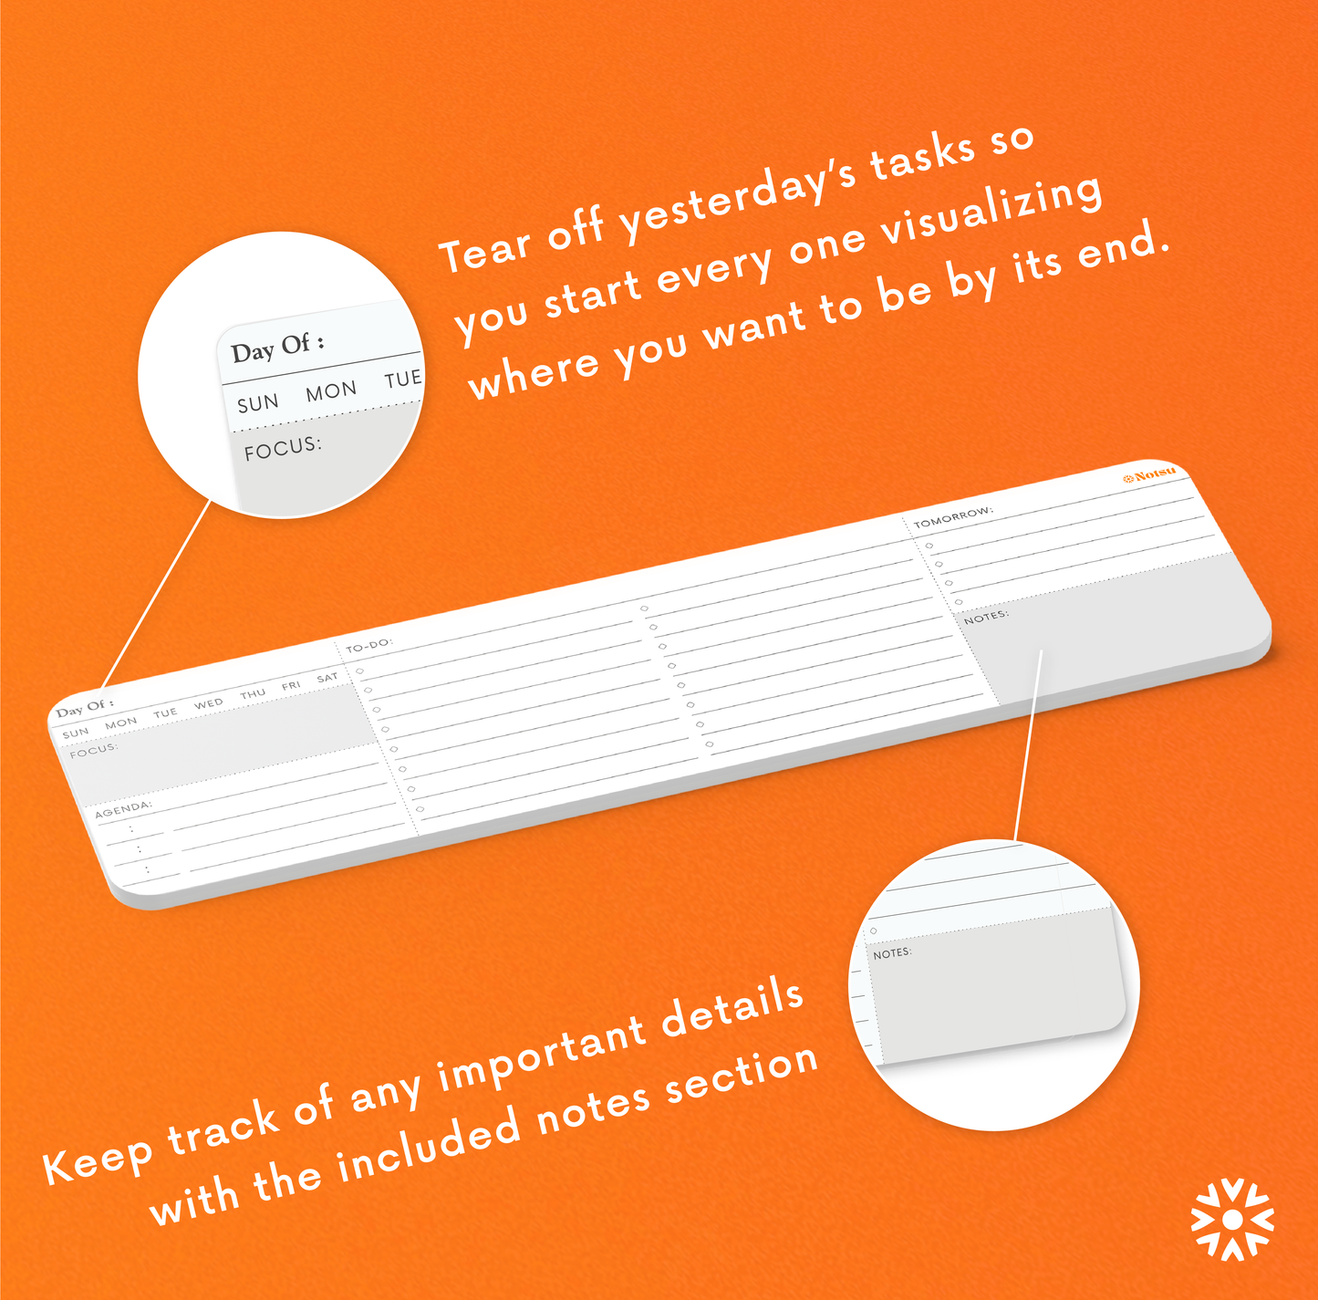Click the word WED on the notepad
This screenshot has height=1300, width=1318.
[x=208, y=703]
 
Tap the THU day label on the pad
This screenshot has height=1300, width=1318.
[x=253, y=693]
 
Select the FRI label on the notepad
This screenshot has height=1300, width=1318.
[x=291, y=686]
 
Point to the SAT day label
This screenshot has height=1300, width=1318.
[x=327, y=678]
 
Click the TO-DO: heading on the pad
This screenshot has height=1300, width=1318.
[x=368, y=645]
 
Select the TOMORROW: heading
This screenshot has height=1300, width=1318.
[x=953, y=516]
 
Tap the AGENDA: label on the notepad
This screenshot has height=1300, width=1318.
[x=123, y=808]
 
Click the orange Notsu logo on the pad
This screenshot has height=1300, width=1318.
[x=1149, y=474]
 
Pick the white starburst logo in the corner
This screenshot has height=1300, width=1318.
[x=1232, y=1218]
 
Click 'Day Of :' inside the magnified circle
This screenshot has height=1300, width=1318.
[x=277, y=348]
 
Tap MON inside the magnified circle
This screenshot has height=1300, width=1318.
[x=331, y=390]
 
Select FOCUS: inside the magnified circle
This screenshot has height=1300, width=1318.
[x=283, y=448]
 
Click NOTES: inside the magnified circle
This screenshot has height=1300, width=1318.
[x=892, y=952]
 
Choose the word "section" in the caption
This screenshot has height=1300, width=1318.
[x=742, y=1071]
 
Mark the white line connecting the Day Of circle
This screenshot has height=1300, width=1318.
[x=155, y=594]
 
